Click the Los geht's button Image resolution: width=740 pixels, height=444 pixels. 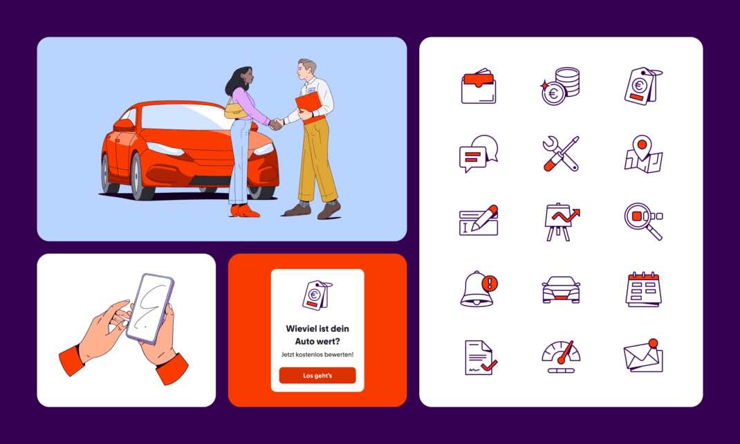pyautogui.click(x=317, y=376)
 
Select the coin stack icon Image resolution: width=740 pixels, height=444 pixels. pyautogui.click(x=560, y=86)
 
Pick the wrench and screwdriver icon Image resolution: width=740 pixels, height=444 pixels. pyautogui.click(x=561, y=154)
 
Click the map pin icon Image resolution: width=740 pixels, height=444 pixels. pyautogui.click(x=643, y=154)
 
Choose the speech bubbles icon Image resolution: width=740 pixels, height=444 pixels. pyautogui.click(x=479, y=154)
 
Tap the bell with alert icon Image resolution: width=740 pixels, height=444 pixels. pyautogui.click(x=479, y=289)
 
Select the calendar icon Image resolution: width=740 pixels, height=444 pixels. pyautogui.click(x=643, y=289)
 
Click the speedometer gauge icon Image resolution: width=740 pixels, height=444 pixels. pyautogui.click(x=561, y=357)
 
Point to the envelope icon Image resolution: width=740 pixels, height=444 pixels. pyautogui.click(x=643, y=355)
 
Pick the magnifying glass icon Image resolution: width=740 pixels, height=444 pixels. pyautogui.click(x=643, y=221)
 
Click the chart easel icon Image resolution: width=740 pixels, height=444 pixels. pyautogui.click(x=561, y=221)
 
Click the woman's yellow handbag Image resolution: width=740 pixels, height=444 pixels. pyautogui.click(x=236, y=111)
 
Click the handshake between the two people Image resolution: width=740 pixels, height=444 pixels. pyautogui.click(x=276, y=124)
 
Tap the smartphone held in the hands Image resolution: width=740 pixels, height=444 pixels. pyautogui.click(x=150, y=308)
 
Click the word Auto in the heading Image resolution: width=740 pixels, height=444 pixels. pyautogui.click(x=305, y=341)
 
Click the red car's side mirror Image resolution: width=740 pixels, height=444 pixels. pyautogui.click(x=124, y=125)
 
